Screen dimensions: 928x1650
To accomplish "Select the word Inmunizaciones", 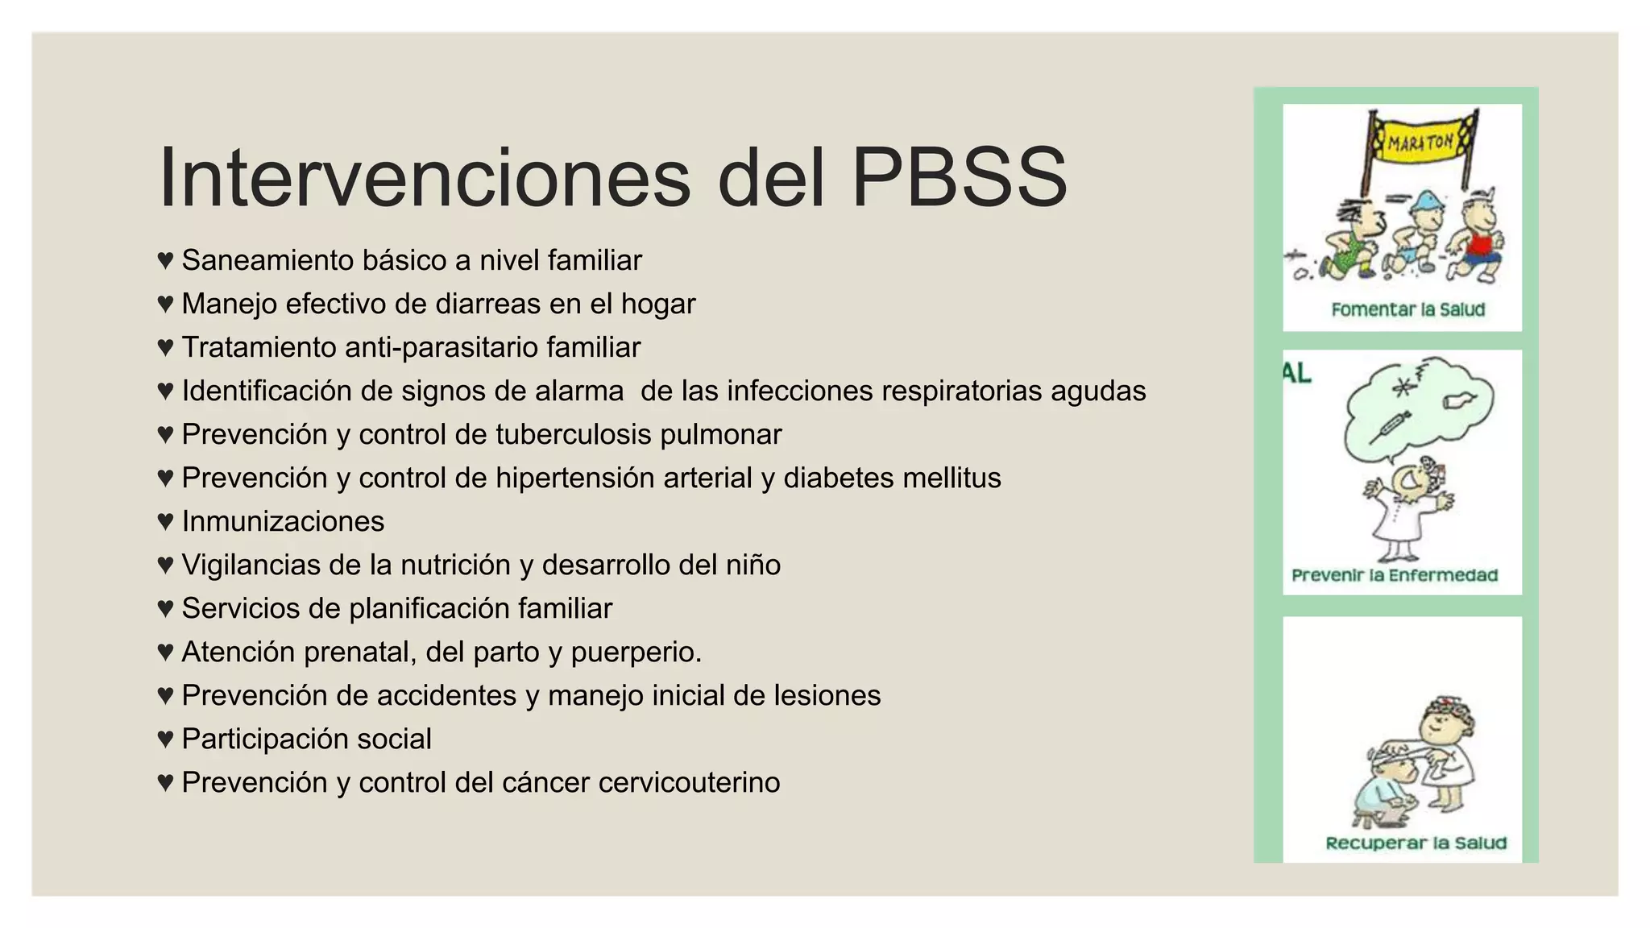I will [283, 521].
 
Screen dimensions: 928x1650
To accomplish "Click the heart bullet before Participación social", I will [165, 739].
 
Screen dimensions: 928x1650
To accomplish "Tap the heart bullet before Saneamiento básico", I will [165, 260].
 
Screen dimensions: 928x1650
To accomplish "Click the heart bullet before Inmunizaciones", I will [165, 521].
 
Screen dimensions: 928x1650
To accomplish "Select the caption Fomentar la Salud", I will [1407, 310].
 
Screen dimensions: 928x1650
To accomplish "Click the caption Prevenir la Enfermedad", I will [1395, 575].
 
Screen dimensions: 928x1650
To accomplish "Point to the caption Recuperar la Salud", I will [1416, 843].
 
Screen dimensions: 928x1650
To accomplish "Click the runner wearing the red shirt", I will [1476, 242].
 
